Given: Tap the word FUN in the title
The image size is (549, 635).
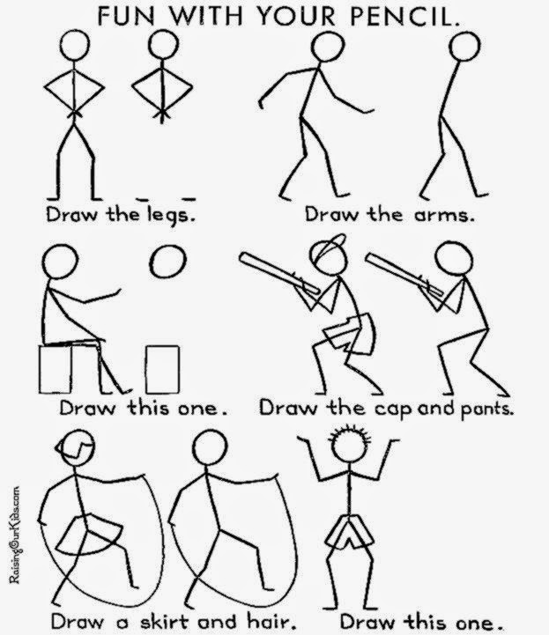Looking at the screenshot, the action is point(125,17).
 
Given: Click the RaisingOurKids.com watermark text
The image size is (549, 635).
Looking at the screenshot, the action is point(15,535).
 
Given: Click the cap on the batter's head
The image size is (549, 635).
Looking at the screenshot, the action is point(329,246).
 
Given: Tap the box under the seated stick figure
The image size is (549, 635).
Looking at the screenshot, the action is point(56,369).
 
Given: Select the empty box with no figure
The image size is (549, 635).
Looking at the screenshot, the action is point(162,369).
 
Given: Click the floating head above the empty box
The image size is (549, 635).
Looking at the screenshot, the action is point(167,262).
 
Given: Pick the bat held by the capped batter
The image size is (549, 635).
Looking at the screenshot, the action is point(279,272).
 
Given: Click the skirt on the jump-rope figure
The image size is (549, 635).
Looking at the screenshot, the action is point(88,535).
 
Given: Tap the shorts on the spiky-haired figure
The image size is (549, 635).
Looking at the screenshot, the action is point(349,532).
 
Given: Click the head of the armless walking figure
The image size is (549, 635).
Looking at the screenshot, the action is point(464,47).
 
